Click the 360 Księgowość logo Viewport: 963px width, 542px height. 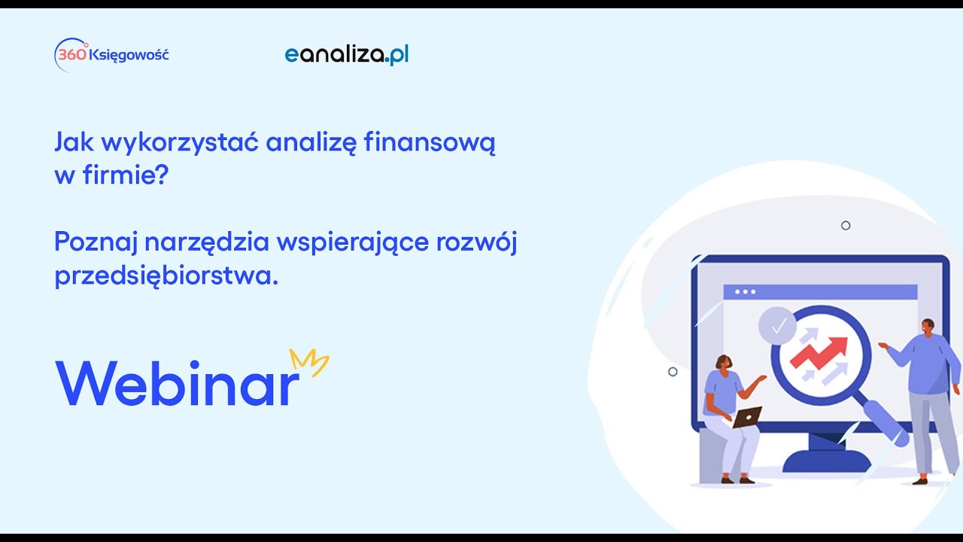(111, 55)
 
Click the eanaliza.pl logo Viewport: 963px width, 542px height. (347, 55)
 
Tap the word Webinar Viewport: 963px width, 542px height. (177, 383)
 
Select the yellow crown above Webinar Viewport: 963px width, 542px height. (309, 362)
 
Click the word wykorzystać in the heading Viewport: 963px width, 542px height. (180, 143)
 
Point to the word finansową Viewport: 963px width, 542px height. (430, 143)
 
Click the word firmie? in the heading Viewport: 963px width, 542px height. (125, 175)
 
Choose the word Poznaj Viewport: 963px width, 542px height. (96, 242)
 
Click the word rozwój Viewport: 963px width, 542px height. (476, 242)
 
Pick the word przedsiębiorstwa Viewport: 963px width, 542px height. (166, 276)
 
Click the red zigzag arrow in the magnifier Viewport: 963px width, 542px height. (819, 353)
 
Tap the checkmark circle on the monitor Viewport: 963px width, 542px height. (778, 326)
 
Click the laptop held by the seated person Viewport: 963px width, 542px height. (747, 417)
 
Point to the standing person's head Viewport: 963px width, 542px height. (928, 327)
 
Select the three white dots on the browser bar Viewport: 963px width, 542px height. (745, 292)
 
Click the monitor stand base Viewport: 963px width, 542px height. (826, 461)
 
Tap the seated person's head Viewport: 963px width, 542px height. (724, 363)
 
